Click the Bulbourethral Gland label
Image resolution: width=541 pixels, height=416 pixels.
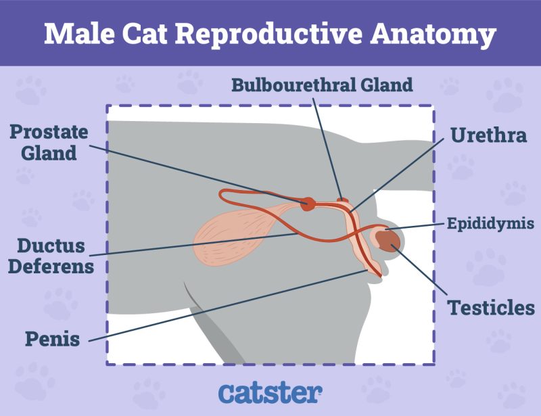tap(321, 85)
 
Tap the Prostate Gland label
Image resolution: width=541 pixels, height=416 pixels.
tap(49, 142)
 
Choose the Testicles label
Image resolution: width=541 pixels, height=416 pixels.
tap(491, 308)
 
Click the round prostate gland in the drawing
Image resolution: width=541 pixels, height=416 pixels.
tap(308, 203)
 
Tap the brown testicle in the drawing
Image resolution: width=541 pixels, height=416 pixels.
tap(387, 240)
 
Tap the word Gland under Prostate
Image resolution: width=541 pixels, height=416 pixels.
tap(49, 154)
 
